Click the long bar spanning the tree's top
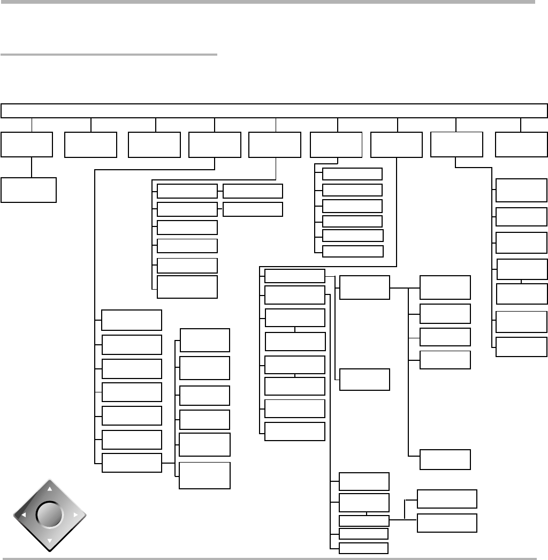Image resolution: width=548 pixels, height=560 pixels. [274, 110]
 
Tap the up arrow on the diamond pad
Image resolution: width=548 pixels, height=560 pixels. [50, 489]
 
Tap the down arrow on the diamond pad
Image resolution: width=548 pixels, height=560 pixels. [50, 541]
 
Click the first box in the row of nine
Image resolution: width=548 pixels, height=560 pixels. [27, 145]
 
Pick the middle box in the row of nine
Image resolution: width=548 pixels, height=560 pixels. [275, 145]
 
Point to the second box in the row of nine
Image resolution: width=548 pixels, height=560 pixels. [90, 145]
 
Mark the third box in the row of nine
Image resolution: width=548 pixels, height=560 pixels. [154, 145]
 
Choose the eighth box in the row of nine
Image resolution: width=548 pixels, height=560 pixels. [456, 145]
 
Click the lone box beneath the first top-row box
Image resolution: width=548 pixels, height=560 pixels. [28, 190]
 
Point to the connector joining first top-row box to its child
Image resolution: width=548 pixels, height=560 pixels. [32, 167]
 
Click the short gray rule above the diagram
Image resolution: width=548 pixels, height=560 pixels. [109, 54]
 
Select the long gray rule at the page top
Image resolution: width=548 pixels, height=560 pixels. [268, 2]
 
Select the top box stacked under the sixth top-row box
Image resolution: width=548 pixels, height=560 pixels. [353, 173]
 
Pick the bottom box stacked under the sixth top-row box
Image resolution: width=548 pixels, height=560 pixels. [353, 251]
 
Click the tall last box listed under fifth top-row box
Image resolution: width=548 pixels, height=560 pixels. [187, 287]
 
